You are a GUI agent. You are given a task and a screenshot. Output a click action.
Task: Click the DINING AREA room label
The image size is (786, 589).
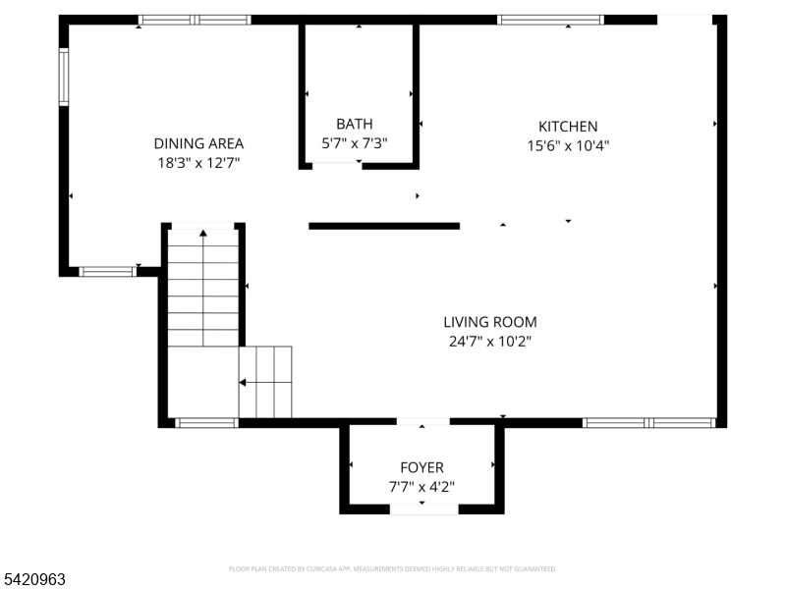pyautogui.click(x=198, y=143)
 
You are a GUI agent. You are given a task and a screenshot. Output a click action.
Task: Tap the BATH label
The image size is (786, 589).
pyautogui.click(x=355, y=124)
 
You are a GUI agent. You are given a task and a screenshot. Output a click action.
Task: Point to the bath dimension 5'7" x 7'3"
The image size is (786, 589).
pyautogui.click(x=355, y=143)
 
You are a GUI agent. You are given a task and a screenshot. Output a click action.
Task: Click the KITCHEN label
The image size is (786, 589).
pyautogui.click(x=568, y=127)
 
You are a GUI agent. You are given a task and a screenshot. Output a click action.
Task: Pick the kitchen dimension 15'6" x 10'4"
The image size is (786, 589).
pyautogui.click(x=568, y=145)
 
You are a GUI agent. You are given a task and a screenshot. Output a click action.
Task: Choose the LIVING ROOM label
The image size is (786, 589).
pyautogui.click(x=490, y=322)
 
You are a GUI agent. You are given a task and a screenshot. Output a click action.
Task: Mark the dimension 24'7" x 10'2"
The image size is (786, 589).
pyautogui.click(x=490, y=342)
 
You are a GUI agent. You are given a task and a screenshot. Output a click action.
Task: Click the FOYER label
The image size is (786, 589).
pyautogui.click(x=421, y=467)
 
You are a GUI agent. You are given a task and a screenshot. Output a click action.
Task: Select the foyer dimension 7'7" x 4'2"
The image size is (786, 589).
pyautogui.click(x=421, y=486)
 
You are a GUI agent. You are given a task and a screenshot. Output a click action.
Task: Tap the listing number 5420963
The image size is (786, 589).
pyautogui.click(x=34, y=580)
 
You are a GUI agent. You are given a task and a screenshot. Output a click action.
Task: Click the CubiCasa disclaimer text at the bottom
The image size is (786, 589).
pyautogui.click(x=393, y=568)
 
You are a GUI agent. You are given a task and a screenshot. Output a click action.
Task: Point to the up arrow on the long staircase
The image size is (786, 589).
pyautogui.click(x=203, y=234)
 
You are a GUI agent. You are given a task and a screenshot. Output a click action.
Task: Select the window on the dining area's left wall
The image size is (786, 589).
pyautogui.click(x=64, y=78)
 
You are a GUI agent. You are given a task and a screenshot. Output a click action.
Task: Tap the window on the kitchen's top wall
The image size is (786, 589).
pyautogui.click(x=550, y=20)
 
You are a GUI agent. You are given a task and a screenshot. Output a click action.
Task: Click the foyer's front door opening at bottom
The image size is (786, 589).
pyautogui.click(x=423, y=509)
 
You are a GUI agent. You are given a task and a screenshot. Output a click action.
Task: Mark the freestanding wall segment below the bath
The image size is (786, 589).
pyautogui.click(x=384, y=226)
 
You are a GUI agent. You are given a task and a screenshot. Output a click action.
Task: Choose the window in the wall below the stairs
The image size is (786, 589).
pyautogui.click(x=206, y=423)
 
